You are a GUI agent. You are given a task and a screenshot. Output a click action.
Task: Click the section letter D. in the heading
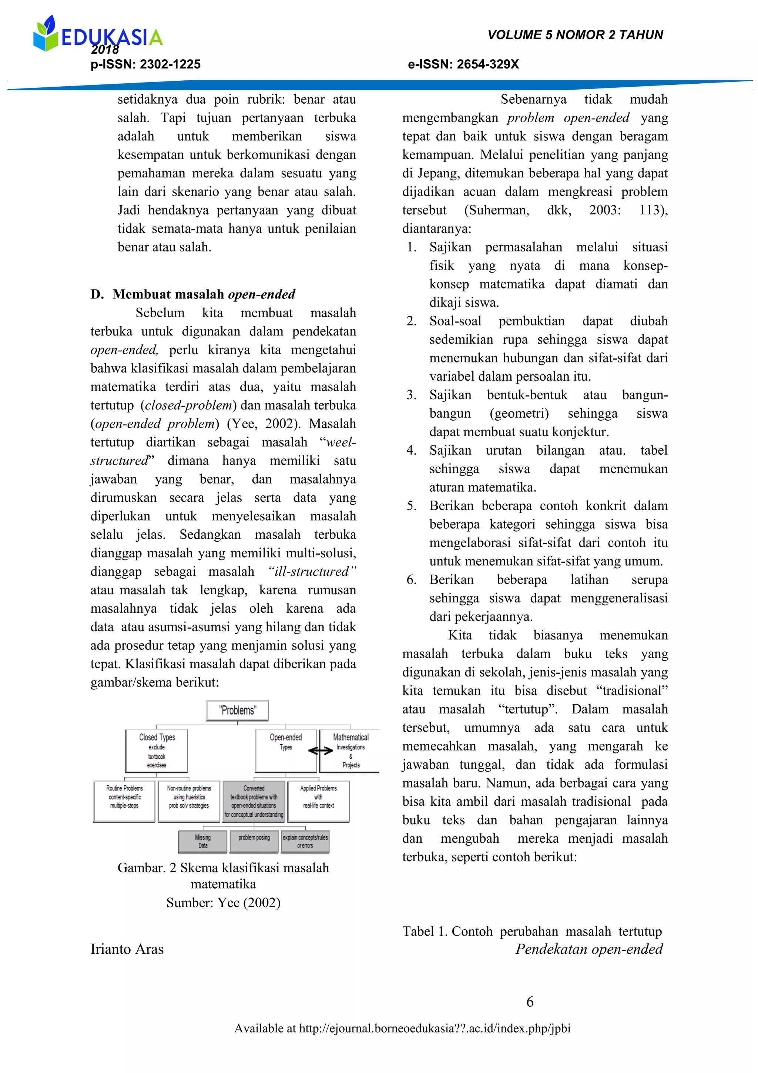pos(97,294)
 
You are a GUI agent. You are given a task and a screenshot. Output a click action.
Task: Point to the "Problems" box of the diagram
pos(238,711)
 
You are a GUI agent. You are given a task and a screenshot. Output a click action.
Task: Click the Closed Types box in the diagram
pos(157,751)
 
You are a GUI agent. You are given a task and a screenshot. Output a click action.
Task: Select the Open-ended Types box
pos(286,751)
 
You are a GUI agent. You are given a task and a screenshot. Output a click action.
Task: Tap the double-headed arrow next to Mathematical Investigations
pos(321,751)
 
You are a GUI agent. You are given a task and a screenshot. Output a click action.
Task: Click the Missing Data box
pos(203,841)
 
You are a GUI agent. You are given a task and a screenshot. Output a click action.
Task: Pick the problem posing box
pos(254,841)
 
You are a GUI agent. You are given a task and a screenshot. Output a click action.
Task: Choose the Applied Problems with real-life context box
pos(319,801)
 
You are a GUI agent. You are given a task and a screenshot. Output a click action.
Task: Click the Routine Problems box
pos(124,801)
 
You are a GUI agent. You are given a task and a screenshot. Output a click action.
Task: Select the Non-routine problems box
pos(189,801)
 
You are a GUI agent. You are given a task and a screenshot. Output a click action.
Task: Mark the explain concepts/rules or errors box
pos(305,841)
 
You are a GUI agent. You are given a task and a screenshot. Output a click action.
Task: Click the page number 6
pos(530,1002)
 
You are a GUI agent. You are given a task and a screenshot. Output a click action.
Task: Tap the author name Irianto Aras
pos(127,949)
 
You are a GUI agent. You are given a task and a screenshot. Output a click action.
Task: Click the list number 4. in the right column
pos(412,451)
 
